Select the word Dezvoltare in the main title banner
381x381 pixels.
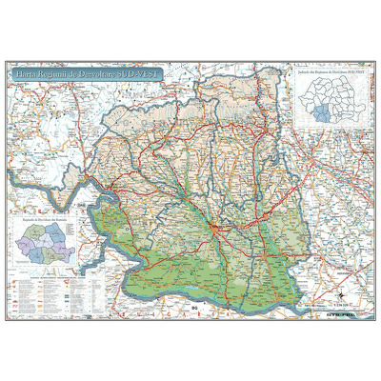pyautogui.click(x=104, y=72)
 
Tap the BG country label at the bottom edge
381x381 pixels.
pyautogui.click(x=193, y=308)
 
